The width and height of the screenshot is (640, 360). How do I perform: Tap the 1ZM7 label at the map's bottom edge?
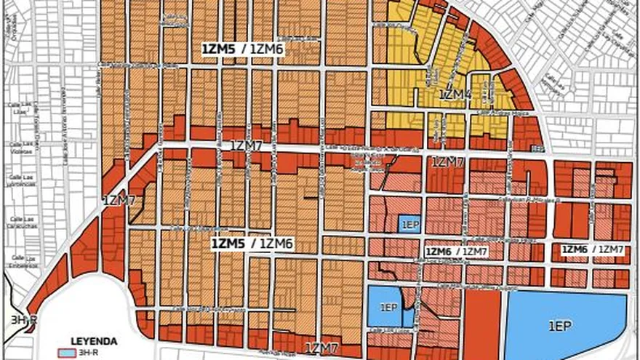322,348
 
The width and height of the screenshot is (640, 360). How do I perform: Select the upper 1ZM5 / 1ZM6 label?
243,48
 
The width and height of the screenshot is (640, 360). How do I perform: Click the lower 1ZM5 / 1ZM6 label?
252,244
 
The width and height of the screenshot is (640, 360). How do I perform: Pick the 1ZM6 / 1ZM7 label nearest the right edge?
592,249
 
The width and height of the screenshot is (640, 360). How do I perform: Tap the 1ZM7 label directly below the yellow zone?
448,161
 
